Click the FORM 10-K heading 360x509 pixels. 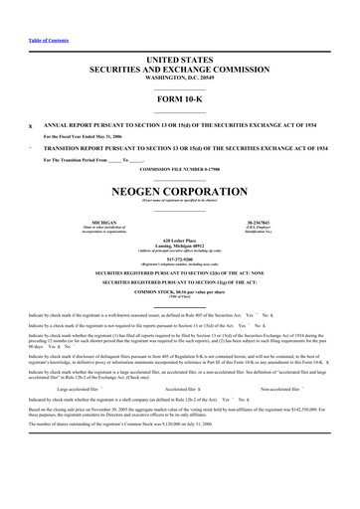180,108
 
